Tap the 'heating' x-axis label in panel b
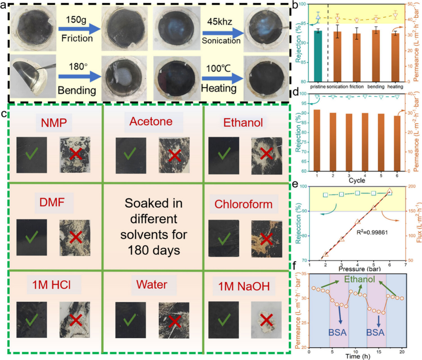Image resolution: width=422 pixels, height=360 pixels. pyautogui.click(x=395, y=87)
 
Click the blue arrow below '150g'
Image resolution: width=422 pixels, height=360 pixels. pyautogui.click(x=79, y=29)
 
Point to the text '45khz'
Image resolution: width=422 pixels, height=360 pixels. pyautogui.click(x=220, y=22)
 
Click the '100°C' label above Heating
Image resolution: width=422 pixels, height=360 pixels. pyautogui.click(x=218, y=68)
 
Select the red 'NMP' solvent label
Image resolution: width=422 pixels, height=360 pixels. pyautogui.click(x=54, y=123)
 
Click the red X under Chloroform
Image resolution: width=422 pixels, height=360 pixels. pyautogui.click(x=266, y=239)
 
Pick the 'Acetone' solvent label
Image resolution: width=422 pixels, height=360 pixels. pyautogui.click(x=151, y=121)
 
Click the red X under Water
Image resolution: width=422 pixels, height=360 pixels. pyautogui.click(x=174, y=320)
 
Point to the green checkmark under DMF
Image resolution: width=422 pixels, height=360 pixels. pyautogui.click(x=32, y=237)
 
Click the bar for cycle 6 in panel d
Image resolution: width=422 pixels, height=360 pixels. pyautogui.click(x=397, y=143)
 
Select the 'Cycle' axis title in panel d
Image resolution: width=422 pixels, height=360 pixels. pyautogui.click(x=357, y=180)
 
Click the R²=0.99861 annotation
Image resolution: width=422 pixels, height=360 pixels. pyautogui.click(x=372, y=232)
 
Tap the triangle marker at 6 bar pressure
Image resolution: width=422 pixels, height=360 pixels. pyautogui.click(x=389, y=191)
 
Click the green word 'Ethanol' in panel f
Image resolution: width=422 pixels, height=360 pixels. pyautogui.click(x=359, y=279)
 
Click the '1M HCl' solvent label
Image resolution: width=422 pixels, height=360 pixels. pyautogui.click(x=52, y=285)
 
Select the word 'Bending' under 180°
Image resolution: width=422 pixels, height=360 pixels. pyautogui.click(x=77, y=90)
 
